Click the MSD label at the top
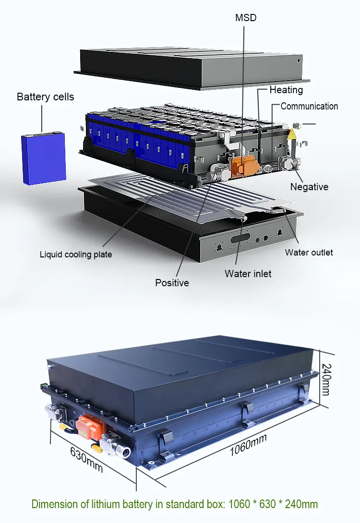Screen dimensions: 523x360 click(246, 18)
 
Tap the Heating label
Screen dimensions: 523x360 click(286, 90)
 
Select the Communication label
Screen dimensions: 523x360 click(309, 106)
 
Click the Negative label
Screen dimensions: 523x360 click(309, 187)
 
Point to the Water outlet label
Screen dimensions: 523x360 click(309, 252)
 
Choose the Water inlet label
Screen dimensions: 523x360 click(248, 274)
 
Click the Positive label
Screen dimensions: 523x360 click(172, 283)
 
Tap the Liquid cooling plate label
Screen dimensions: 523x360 click(76, 254)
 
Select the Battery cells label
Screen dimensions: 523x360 click(46, 97)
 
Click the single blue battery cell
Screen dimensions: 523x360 click(43, 158)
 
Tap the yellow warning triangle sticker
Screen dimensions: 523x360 click(292, 135)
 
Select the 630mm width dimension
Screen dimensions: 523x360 click(86, 459)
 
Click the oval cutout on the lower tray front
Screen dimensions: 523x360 click(240, 238)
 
